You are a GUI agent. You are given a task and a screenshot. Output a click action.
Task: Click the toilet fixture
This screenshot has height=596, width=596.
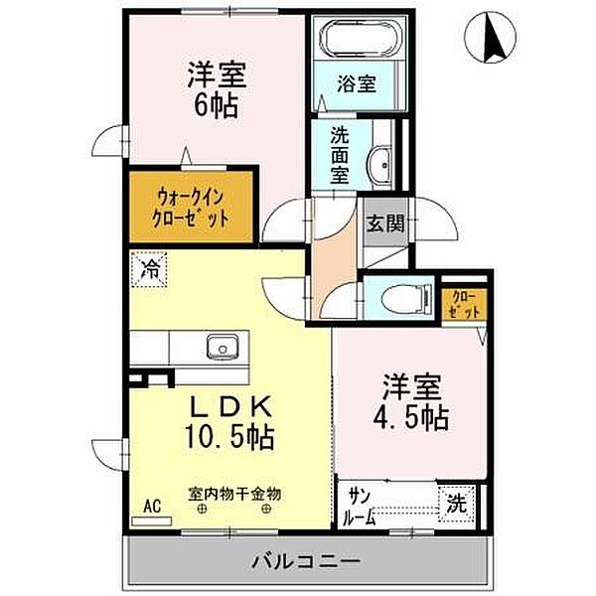coord(398,297)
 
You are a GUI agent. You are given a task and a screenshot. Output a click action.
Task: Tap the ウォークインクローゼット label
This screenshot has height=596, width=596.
coord(192,208)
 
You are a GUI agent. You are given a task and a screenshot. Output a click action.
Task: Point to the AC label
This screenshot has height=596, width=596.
coord(152,507)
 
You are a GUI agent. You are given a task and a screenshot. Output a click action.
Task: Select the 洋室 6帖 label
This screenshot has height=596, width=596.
coord(217,87)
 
